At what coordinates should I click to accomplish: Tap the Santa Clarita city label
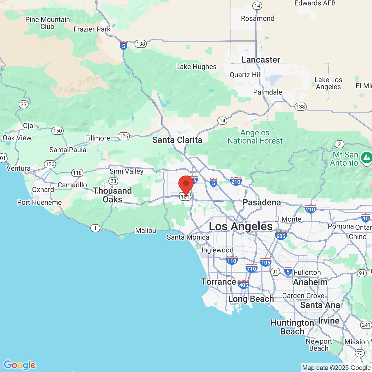[x=177, y=140]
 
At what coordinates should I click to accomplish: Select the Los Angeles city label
[x=241, y=226]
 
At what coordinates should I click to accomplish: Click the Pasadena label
[x=262, y=202]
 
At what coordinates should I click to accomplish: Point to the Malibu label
[x=146, y=230]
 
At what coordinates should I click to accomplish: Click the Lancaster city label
[x=261, y=60]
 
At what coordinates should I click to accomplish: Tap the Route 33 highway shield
[x=24, y=104]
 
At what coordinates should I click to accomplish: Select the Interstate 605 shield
[x=281, y=236]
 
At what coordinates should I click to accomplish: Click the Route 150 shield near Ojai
[x=58, y=131]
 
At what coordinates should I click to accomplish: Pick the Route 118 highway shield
[x=77, y=173]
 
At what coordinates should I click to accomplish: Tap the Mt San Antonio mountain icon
[x=366, y=158]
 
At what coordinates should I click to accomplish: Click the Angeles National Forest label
[x=255, y=137]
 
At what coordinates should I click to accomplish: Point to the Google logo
[x=19, y=365]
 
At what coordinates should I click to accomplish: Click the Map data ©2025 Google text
[x=336, y=368]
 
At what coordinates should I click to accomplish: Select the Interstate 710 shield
[x=251, y=268]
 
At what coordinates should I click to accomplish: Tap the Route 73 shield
[x=360, y=353]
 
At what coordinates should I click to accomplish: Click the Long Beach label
[x=251, y=299]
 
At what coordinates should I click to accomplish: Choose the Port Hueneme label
[x=40, y=202]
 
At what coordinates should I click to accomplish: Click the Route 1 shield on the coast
[x=95, y=228]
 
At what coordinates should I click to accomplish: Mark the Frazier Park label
[x=92, y=29]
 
